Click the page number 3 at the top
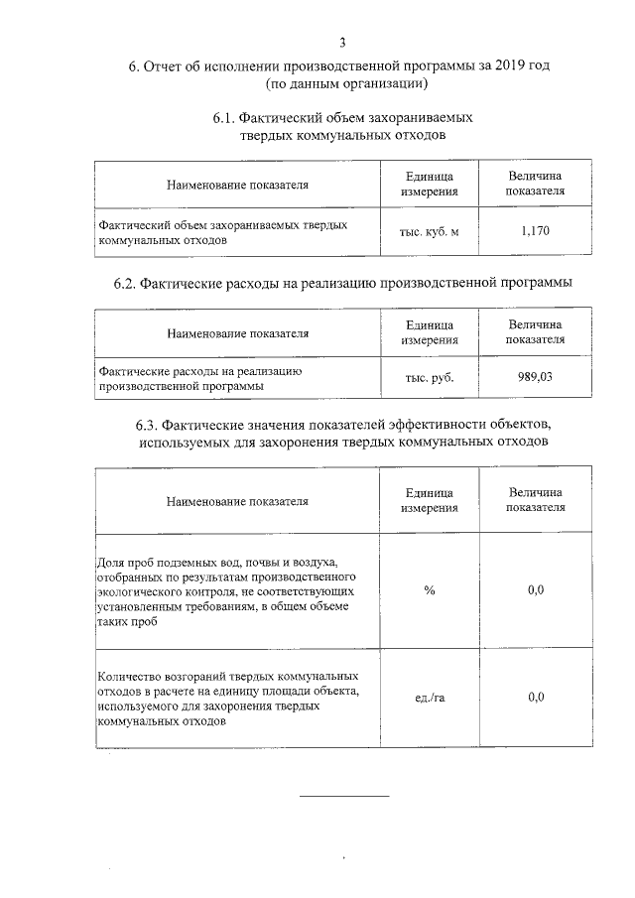[342, 42]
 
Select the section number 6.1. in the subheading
[225, 117]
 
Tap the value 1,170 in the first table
[535, 231]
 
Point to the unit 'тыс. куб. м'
[430, 231]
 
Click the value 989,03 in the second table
[535, 377]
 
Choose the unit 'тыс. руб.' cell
[430, 377]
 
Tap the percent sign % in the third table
[430, 590]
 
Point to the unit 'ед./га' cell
[430, 698]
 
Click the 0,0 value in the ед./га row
[536, 698]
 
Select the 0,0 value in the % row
[536, 590]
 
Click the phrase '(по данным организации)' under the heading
[342, 84]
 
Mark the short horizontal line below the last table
[344, 796]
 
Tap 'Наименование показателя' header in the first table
[237, 185]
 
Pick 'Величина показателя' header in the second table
[535, 331]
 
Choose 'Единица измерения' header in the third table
[430, 500]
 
